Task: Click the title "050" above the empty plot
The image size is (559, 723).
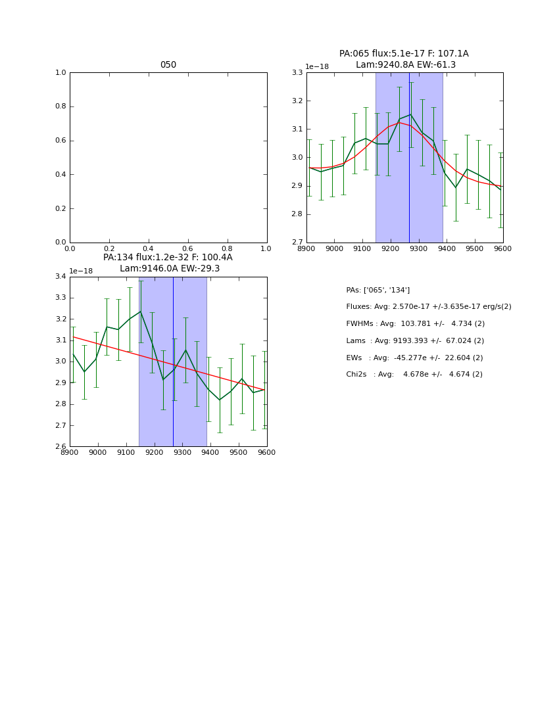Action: pyautogui.click(x=168, y=65)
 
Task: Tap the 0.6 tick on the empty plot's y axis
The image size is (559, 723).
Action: pyautogui.click(x=61, y=141)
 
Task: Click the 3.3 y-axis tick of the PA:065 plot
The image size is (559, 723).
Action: pyautogui.click(x=297, y=73)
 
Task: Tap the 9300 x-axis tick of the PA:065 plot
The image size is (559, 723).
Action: pyautogui.click(x=418, y=248)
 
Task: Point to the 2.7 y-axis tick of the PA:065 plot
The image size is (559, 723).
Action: pyautogui.click(x=297, y=243)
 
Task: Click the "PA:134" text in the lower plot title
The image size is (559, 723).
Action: pyautogui.click(x=118, y=258)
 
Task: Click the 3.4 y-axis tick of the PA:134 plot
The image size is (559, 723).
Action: pyautogui.click(x=60, y=277)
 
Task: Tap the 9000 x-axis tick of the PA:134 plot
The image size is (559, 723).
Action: pyautogui.click(x=98, y=452)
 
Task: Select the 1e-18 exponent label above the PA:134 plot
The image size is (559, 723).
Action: pyautogui.click(x=81, y=271)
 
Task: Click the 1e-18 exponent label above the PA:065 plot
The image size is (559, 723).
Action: pyautogui.click(x=317, y=67)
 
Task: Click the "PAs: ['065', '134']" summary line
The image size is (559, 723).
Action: pyautogui.click(x=377, y=290)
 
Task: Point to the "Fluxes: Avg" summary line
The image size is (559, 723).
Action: pyautogui.click(x=368, y=307)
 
